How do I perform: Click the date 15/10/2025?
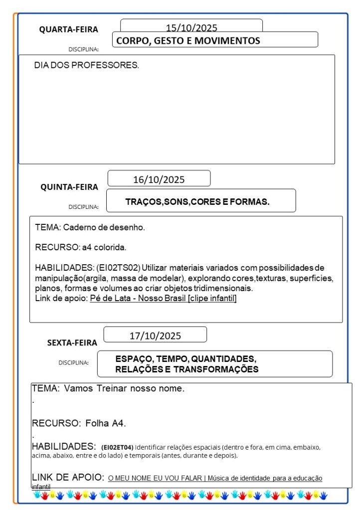click(191, 28)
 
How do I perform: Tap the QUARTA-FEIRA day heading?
click(69, 29)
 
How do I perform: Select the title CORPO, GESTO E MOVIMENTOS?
click(188, 41)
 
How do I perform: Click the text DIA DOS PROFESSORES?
click(87, 65)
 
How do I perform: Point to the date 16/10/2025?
click(159, 179)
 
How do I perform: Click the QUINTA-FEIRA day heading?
click(69, 187)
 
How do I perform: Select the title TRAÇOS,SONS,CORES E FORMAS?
click(197, 202)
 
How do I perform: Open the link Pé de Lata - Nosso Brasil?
click(163, 299)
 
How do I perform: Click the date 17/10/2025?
click(155, 336)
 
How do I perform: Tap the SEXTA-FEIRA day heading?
click(72, 342)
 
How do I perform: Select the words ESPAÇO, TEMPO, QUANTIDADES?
click(185, 359)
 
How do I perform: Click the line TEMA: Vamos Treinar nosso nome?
click(108, 388)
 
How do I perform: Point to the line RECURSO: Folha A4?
click(79, 424)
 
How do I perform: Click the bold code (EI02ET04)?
click(117, 447)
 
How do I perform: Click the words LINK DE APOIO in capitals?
click(68, 477)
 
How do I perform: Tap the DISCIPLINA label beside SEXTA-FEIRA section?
click(73, 362)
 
